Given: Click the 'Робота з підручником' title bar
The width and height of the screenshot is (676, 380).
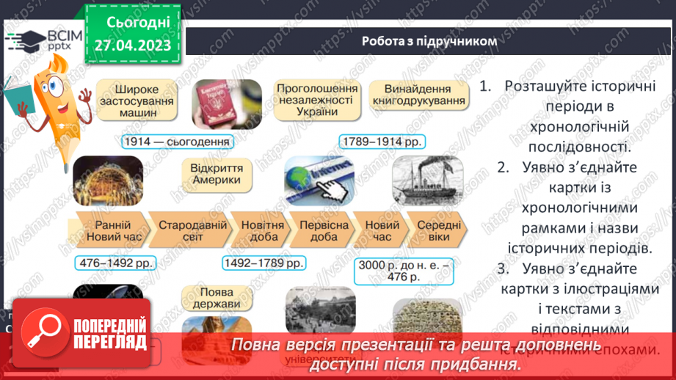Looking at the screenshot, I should click(x=429, y=41).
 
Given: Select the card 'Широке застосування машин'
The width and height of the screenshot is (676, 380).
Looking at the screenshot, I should click(x=137, y=100).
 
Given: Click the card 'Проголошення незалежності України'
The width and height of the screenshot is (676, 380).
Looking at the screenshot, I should click(x=317, y=100).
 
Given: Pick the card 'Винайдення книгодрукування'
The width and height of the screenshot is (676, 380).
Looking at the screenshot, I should click(x=418, y=100).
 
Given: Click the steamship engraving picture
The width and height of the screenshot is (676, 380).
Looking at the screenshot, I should click(x=426, y=183).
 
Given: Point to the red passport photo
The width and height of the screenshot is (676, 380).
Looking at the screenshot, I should click(x=227, y=103).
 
